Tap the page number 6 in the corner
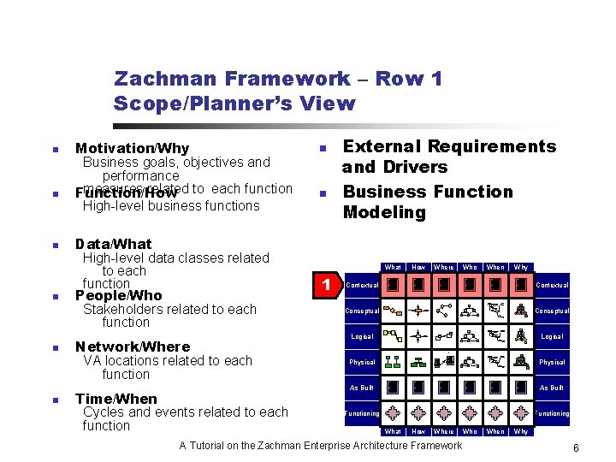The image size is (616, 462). click(x=577, y=448)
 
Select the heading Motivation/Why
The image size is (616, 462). click(x=132, y=149)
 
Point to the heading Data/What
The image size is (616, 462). click(x=113, y=244)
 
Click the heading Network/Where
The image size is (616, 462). click(x=132, y=346)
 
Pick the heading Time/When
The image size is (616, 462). click(x=115, y=399)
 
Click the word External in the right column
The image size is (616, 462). click(x=382, y=147)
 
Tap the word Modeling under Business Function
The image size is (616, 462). click(x=384, y=212)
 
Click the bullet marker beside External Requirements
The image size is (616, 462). click(x=323, y=149)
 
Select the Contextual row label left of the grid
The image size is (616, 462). click(x=362, y=285)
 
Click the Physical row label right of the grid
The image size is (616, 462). click(x=552, y=362)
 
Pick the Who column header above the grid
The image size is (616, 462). click(x=470, y=268)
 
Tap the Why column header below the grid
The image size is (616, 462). click(x=520, y=432)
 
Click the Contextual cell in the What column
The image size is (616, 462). click(x=392, y=285)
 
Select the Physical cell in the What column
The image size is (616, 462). click(x=393, y=362)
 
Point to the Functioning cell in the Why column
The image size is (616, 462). click(x=520, y=413)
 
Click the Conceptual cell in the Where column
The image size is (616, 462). click(x=443, y=311)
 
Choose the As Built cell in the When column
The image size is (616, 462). click(x=495, y=388)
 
